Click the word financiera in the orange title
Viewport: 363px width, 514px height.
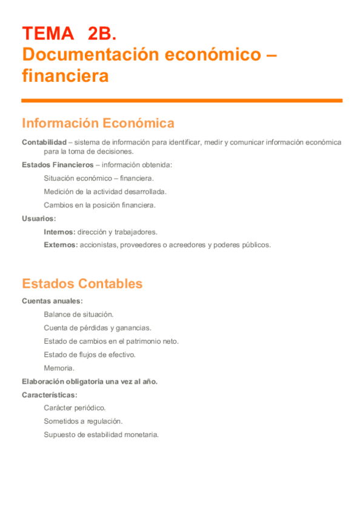point(65,76)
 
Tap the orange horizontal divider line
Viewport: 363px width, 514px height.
point(182,101)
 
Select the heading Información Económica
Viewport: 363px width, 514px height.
point(98,123)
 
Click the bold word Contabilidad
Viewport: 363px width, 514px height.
point(44,142)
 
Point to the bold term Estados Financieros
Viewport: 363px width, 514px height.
point(57,165)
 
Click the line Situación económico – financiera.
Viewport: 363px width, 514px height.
point(99,178)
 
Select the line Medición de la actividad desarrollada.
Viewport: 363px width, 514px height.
point(105,192)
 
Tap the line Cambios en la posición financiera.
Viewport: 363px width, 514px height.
point(99,205)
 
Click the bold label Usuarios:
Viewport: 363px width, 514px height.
point(39,218)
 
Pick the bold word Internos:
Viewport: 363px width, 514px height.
point(59,232)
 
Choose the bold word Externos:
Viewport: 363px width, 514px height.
point(61,245)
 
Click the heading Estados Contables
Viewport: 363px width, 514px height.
point(82,284)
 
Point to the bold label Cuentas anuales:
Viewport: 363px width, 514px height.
point(52,301)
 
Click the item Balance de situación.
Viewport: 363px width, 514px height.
point(78,314)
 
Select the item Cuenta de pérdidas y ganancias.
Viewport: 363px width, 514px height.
point(97,327)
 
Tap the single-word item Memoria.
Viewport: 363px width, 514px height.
point(59,368)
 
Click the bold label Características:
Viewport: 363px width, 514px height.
point(50,395)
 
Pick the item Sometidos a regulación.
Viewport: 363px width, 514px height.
point(83,421)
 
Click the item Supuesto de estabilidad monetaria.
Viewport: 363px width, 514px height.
point(101,434)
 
